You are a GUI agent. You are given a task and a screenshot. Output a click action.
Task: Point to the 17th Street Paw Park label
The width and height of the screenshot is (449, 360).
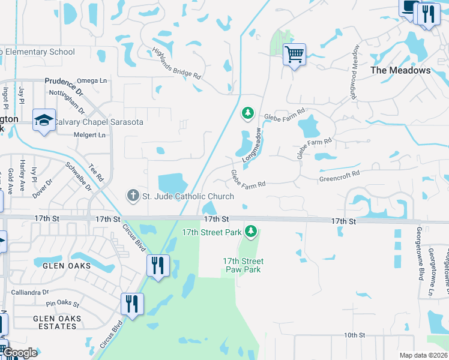click(243, 265)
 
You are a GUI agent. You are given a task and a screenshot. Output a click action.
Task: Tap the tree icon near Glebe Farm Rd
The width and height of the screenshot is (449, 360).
click(247, 113)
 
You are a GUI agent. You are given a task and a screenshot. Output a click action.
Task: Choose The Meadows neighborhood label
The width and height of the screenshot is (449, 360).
click(400, 70)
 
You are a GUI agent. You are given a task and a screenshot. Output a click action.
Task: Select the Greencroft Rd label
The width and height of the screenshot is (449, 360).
click(339, 176)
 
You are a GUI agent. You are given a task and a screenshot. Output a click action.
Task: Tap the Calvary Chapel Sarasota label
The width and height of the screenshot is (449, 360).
click(98, 122)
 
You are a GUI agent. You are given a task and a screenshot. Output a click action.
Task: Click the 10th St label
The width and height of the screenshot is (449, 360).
click(355, 335)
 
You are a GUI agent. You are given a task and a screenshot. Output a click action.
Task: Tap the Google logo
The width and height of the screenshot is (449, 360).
click(20, 353)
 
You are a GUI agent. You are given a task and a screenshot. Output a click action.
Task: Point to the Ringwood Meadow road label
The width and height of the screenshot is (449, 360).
click(355, 71)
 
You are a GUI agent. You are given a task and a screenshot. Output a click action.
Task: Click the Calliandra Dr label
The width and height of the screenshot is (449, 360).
click(30, 292)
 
